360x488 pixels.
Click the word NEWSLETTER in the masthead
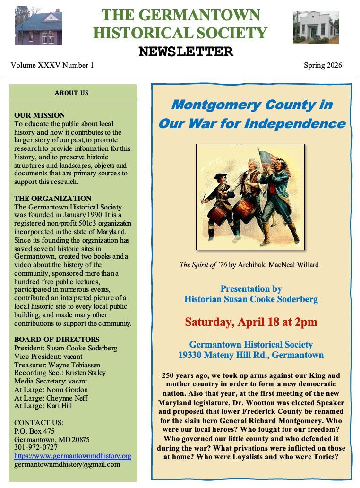click(186, 52)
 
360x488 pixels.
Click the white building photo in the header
click(315, 27)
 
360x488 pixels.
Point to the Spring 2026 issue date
click(323, 65)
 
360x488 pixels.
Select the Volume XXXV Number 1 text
click(52, 65)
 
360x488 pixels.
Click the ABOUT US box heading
click(72, 93)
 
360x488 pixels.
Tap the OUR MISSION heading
click(40, 115)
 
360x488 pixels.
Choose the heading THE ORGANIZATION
click(52, 199)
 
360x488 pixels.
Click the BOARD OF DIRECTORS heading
click(57, 340)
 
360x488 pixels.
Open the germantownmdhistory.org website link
click(72, 456)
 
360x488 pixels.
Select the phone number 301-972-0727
click(36, 447)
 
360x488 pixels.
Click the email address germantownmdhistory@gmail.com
click(67, 464)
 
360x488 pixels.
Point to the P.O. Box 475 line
click(34, 431)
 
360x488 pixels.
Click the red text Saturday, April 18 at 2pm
click(251, 322)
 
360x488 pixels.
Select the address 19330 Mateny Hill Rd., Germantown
click(251, 355)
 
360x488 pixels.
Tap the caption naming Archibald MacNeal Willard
click(249, 265)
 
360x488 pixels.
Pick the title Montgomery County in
click(252, 105)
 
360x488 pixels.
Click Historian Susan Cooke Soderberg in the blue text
click(251, 299)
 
